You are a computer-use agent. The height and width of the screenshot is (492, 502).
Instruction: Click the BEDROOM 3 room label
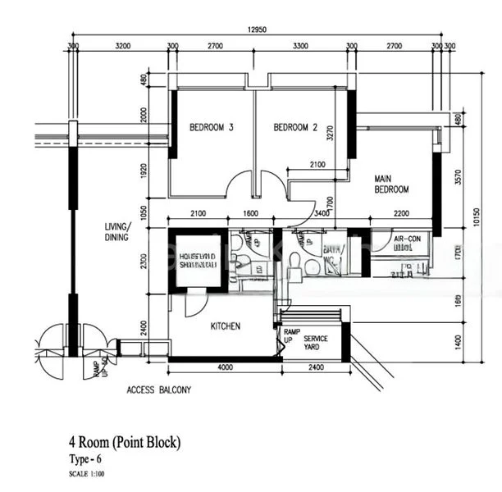coord(212,127)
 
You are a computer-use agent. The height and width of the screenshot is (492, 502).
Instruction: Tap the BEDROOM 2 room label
coord(295,127)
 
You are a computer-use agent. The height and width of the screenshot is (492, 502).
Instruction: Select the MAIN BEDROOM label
coord(391,184)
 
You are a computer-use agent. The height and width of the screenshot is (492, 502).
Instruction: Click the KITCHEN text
coord(226,326)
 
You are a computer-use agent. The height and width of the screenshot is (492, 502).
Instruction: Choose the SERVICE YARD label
coord(316,343)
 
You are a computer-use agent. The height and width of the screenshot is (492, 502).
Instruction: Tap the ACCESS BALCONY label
coord(158,391)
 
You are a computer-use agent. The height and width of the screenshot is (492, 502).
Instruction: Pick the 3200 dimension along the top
coord(124,47)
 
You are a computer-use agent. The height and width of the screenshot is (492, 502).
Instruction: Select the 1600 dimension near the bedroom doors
coord(251,214)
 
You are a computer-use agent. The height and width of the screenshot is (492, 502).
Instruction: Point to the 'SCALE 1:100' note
coord(87,474)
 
